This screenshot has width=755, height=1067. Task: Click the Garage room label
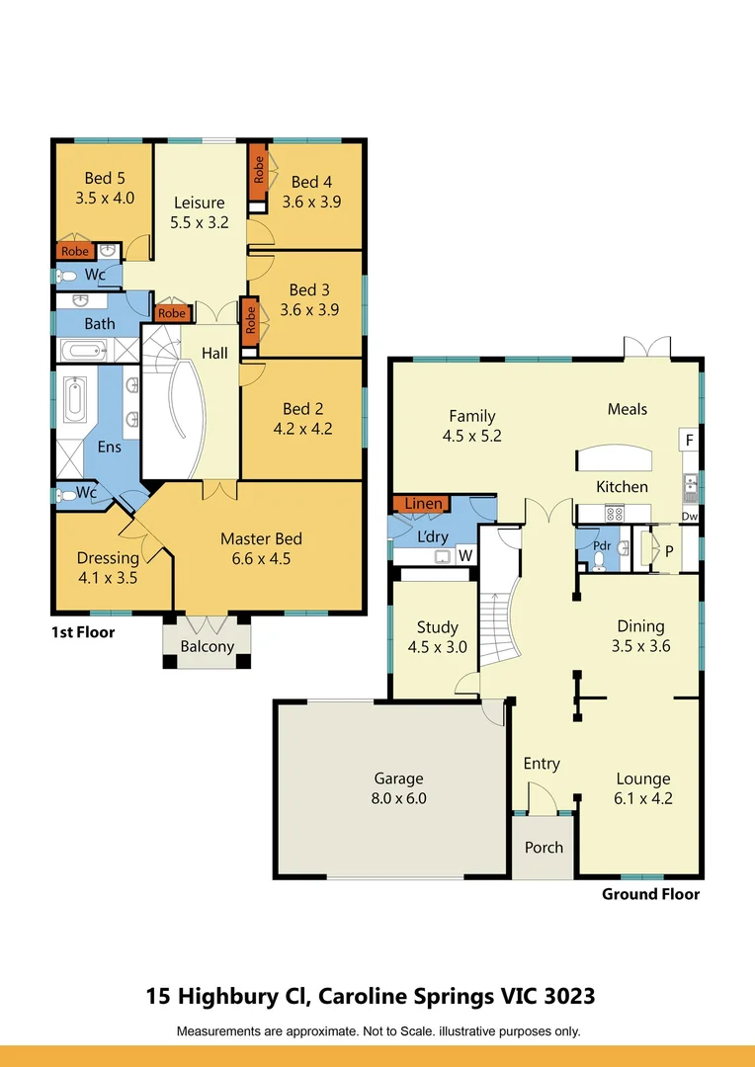(x=398, y=779)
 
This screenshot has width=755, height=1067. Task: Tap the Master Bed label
(x=261, y=538)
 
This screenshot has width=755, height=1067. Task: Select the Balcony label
(x=208, y=647)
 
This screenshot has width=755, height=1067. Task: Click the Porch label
(x=544, y=847)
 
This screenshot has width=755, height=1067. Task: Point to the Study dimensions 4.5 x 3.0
(x=437, y=648)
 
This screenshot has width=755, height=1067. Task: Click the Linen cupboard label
(x=424, y=504)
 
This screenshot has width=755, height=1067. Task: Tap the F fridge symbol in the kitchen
(x=689, y=440)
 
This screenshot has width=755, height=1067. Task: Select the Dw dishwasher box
(x=690, y=516)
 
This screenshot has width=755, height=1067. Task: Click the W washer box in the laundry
(x=464, y=556)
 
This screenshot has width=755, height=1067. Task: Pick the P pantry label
(x=668, y=552)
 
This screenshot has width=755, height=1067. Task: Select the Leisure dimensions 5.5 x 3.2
(x=199, y=222)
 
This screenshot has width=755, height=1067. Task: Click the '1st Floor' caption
(x=83, y=632)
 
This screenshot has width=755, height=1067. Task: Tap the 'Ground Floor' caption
(x=650, y=894)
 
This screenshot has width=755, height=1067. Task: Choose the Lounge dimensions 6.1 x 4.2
(x=643, y=798)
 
